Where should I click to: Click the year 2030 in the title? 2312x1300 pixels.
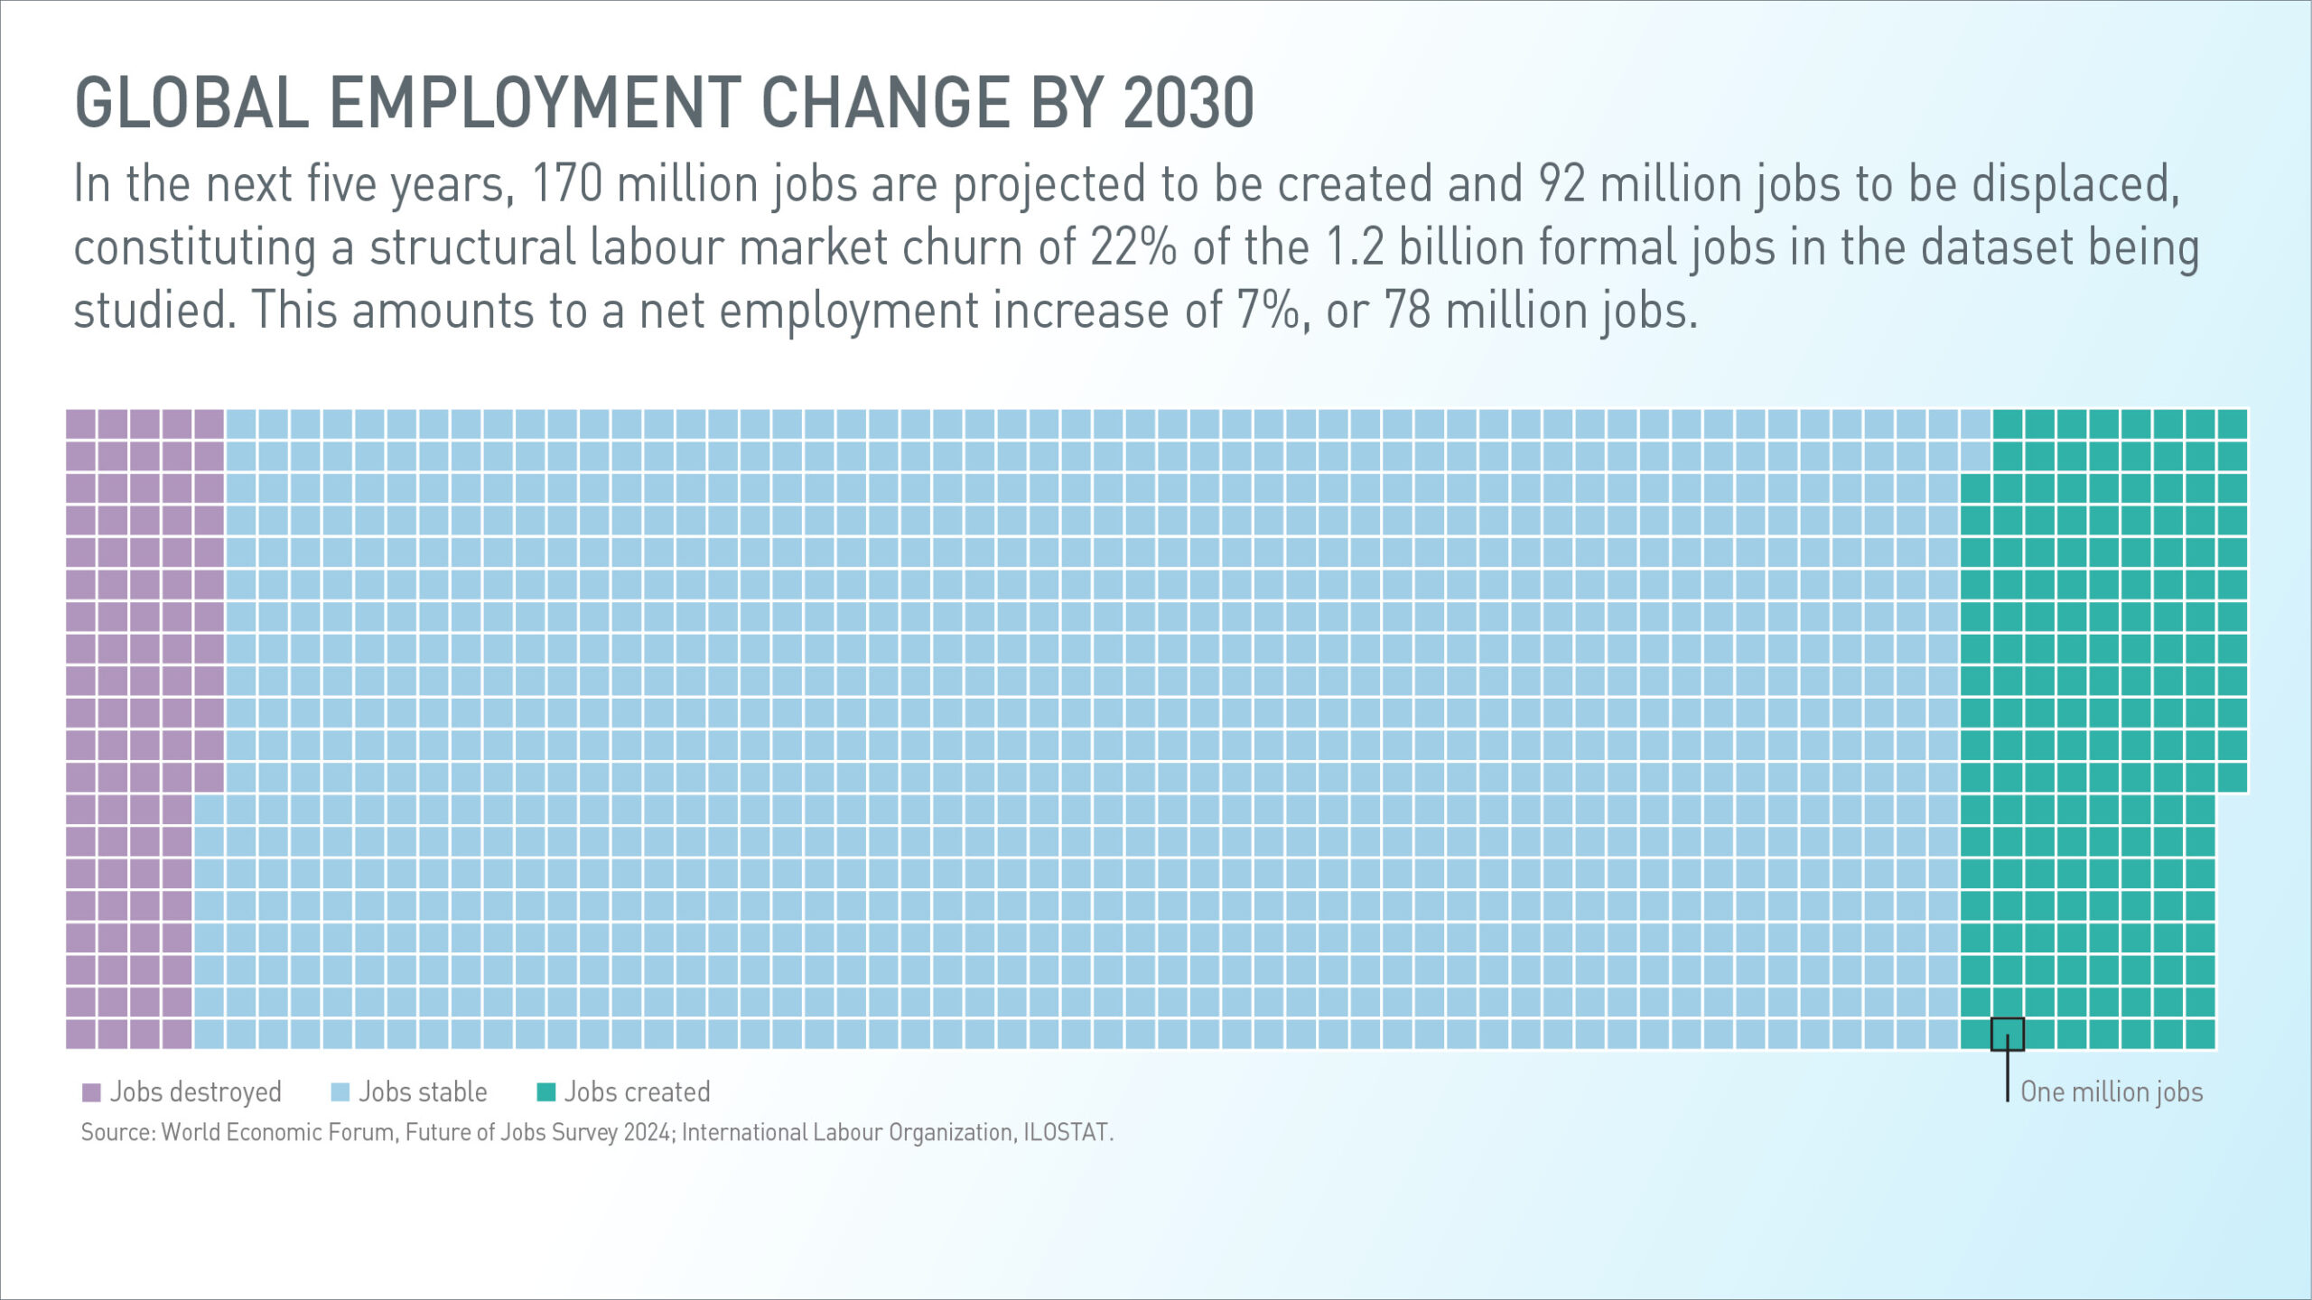pos(1189,103)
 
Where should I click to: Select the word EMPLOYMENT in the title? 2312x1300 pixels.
pos(535,103)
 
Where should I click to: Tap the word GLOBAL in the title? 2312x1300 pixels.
pos(191,103)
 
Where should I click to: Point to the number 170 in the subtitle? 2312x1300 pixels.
pos(567,184)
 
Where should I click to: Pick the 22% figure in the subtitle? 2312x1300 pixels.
pos(1133,247)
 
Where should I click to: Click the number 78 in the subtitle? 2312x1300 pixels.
pos(1407,311)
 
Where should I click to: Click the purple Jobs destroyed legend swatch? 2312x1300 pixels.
pos(91,1092)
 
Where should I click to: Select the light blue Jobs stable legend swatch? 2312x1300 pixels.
pos(340,1092)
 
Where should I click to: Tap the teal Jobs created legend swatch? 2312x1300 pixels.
pos(545,1092)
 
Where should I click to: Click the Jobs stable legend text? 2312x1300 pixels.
pos(423,1092)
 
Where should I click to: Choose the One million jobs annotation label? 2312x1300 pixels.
pos(2112,1092)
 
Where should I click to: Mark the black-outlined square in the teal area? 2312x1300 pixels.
pos(2007,1034)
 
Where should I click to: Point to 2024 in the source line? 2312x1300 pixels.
pos(647,1132)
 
